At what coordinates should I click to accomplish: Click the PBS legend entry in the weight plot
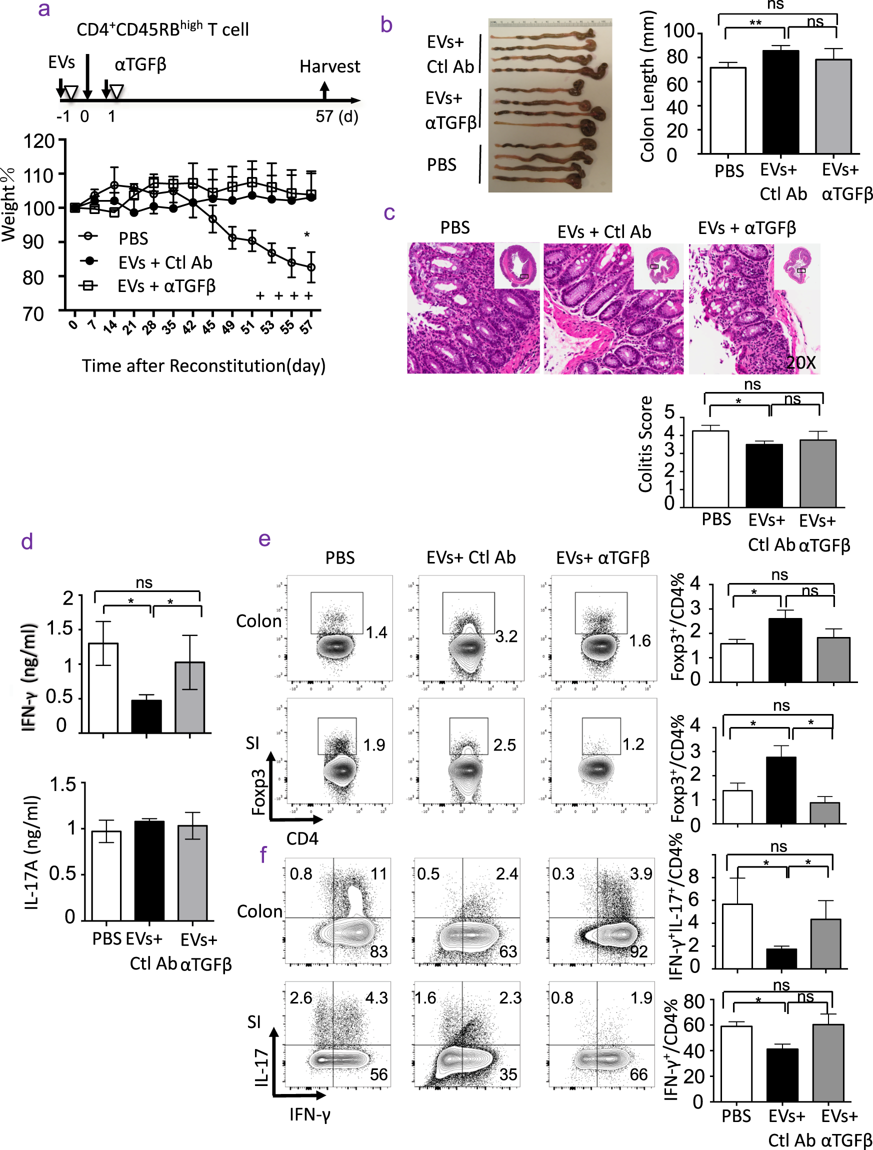(133, 238)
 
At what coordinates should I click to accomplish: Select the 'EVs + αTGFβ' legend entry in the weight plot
(166, 286)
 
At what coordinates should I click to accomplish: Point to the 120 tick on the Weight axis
(39, 141)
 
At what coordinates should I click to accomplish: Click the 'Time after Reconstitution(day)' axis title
(203, 365)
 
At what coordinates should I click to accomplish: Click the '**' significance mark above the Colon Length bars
(755, 24)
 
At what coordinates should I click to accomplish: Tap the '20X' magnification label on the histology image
(800, 362)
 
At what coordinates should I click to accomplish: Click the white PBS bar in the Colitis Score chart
(710, 468)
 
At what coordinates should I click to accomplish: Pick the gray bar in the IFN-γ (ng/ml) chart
(190, 696)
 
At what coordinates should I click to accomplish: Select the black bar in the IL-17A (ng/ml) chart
(149, 870)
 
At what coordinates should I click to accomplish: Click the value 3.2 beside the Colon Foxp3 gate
(506, 636)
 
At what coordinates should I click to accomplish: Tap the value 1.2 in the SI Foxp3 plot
(633, 744)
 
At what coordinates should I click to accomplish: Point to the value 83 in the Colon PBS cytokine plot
(378, 951)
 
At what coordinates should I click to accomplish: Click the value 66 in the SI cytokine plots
(638, 1074)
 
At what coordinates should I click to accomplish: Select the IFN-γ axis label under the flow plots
(310, 1114)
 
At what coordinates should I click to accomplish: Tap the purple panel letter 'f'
(263, 855)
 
